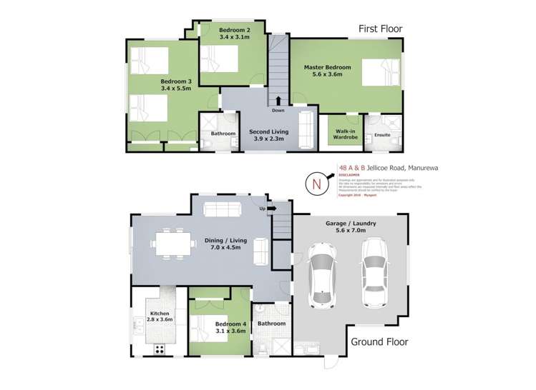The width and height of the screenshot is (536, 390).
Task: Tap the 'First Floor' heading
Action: pos(380,29)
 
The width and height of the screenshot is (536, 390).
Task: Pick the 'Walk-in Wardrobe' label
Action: pos(345,134)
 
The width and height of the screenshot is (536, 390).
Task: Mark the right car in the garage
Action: pos(374,271)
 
